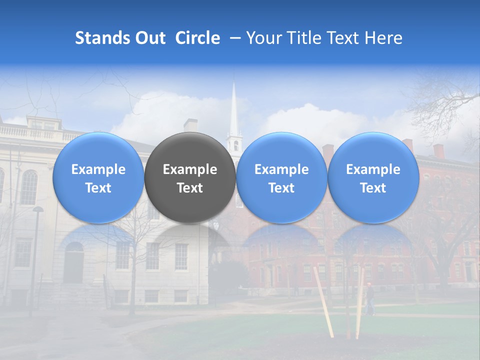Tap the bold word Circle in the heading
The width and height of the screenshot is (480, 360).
click(x=197, y=38)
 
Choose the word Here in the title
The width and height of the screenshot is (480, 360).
click(x=383, y=38)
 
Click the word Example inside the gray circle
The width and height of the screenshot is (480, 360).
click(x=190, y=169)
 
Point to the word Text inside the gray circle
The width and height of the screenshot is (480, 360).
click(x=190, y=188)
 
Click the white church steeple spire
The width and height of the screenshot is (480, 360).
click(x=233, y=107)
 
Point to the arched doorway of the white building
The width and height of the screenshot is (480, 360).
click(x=73, y=262)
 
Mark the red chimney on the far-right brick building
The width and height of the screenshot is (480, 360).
click(x=438, y=150)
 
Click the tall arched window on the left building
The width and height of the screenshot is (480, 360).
click(x=29, y=187)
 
